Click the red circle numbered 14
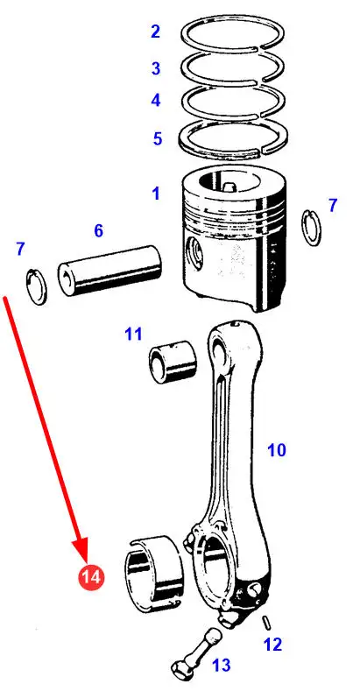pyautogui.click(x=92, y=576)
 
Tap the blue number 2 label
pyautogui.click(x=155, y=32)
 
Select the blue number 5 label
pyautogui.click(x=158, y=139)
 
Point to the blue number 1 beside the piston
pyautogui.click(x=156, y=194)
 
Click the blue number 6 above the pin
pyautogui.click(x=99, y=230)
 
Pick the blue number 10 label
pyautogui.click(x=277, y=450)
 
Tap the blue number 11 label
pyautogui.click(x=133, y=334)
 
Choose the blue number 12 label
pyautogui.click(x=272, y=645)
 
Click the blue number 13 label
pyautogui.click(x=222, y=665)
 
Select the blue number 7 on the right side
pyautogui.click(x=333, y=205)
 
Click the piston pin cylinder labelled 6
pyautogui.click(x=109, y=271)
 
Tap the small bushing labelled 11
pyautogui.click(x=173, y=362)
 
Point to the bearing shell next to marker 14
pyautogui.click(x=152, y=575)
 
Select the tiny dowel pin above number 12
pyautogui.click(x=266, y=624)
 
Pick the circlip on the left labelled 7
pyautogui.click(x=37, y=286)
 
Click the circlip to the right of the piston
pyautogui.click(x=311, y=228)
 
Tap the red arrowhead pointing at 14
pyautogui.click(x=82, y=548)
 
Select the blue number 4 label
pyautogui.click(x=156, y=101)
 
